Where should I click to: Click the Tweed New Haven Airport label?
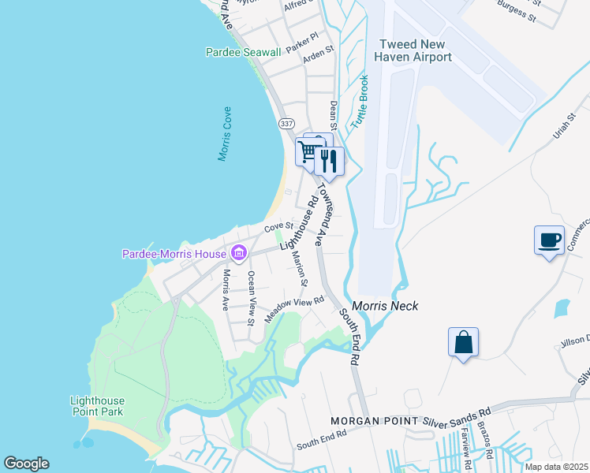coord(416,50)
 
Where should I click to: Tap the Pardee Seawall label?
coord(243,52)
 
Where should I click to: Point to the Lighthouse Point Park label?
coord(97,406)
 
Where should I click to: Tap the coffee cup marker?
coord(549,240)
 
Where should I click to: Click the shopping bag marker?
coord(463,342)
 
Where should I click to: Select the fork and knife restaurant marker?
coord(329,160)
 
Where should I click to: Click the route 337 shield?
coord(286,124)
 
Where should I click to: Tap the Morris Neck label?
coord(385,306)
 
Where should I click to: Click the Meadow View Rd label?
coord(295,308)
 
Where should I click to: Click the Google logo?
coord(26,464)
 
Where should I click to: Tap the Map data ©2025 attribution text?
coord(556,467)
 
